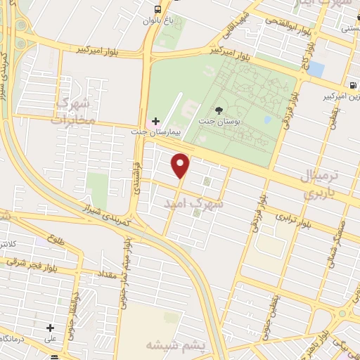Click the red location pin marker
pos(181,165)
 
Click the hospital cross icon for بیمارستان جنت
pos(155,121)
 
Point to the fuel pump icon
pos(352,85)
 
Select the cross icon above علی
pos(50,327)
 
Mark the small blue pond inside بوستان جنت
pos(267,119)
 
